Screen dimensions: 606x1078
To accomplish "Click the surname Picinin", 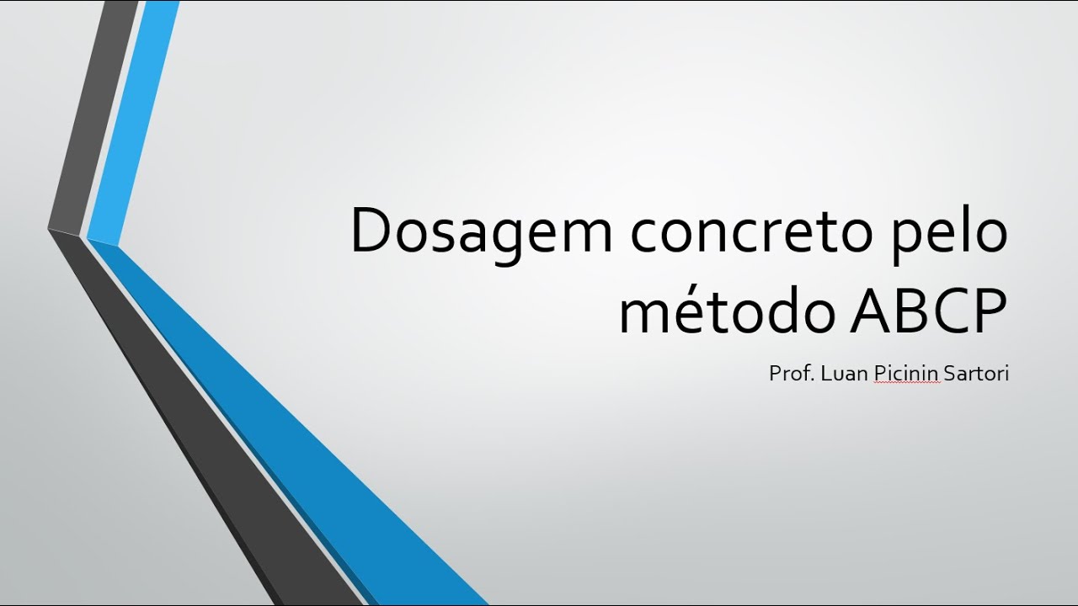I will (906, 373).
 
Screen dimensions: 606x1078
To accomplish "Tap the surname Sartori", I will (976, 373).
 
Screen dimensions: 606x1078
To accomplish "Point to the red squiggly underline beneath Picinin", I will (906, 383).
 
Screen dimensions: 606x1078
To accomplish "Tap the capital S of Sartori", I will (950, 373).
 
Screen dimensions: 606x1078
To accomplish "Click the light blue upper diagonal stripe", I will (135, 118).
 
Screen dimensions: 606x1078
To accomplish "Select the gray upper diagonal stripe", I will (93, 118).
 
